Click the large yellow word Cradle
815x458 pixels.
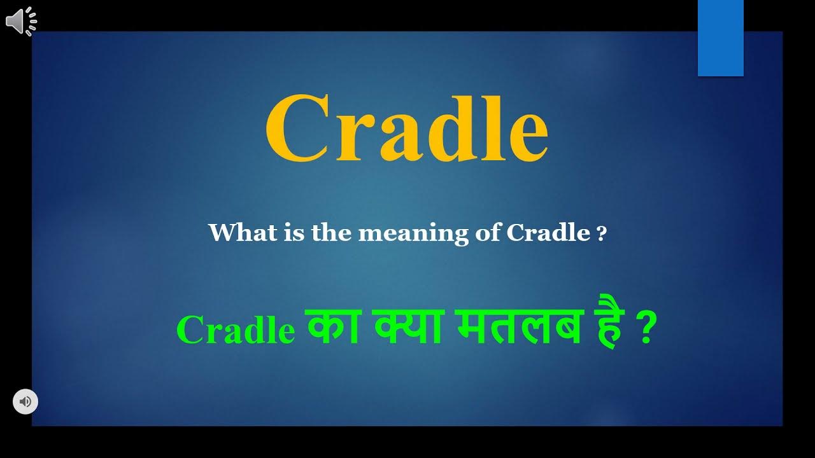coord(406,129)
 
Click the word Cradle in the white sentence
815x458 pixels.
coord(548,233)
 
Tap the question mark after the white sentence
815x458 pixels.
coord(602,234)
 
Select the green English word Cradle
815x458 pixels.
coord(236,330)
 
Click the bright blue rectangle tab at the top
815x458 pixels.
coord(720,38)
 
